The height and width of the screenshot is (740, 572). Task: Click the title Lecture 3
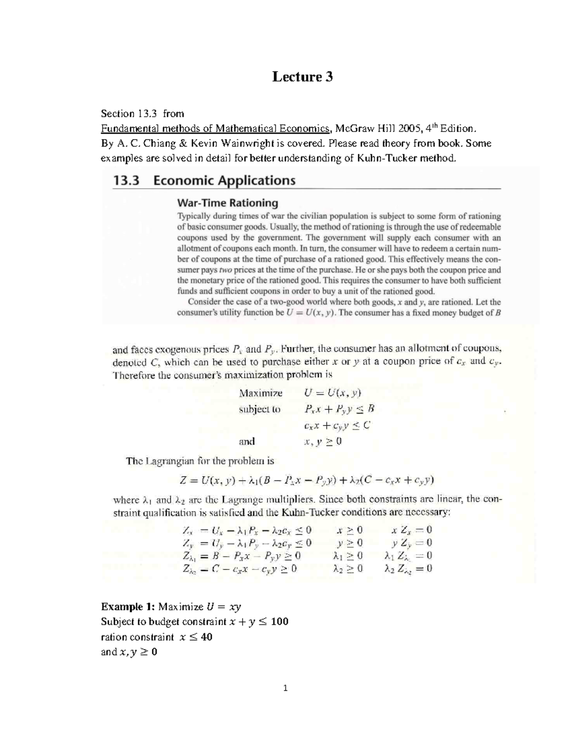click(302, 77)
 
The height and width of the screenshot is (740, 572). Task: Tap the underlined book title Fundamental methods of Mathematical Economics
click(215, 128)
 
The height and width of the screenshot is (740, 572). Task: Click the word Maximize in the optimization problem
click(261, 393)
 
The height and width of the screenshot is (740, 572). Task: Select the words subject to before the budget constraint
click(260, 409)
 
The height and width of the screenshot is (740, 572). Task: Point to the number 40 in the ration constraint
click(206, 637)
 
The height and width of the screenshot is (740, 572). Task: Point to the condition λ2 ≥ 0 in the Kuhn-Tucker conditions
click(348, 568)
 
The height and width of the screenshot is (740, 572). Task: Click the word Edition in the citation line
click(458, 128)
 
